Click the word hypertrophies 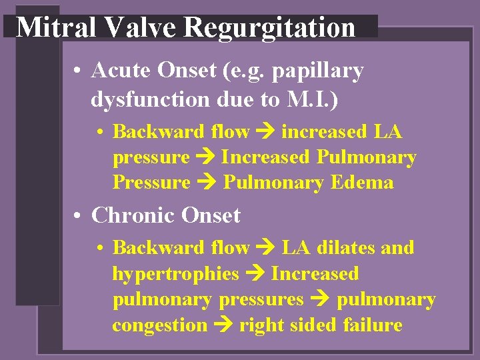[x=175, y=275]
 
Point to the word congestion [x=159, y=326]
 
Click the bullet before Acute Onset [x=79, y=71]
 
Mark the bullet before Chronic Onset [x=79, y=217]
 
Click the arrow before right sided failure [x=223, y=326]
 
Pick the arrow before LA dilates [x=265, y=249]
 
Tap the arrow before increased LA [x=265, y=132]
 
